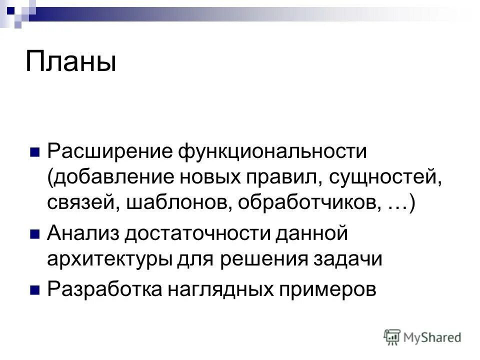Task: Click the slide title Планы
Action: point(70,61)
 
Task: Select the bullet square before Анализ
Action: point(35,233)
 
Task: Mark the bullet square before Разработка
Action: point(35,289)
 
